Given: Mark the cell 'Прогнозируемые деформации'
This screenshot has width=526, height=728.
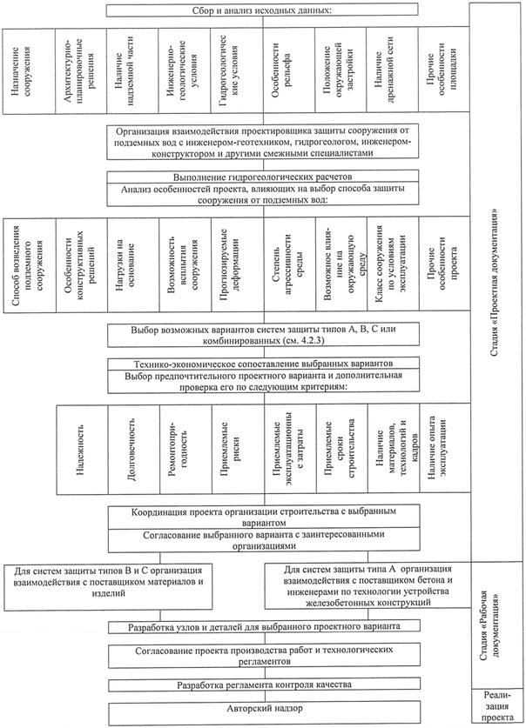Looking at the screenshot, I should (236, 257).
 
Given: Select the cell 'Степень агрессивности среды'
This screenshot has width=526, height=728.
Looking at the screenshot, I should (287, 257).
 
